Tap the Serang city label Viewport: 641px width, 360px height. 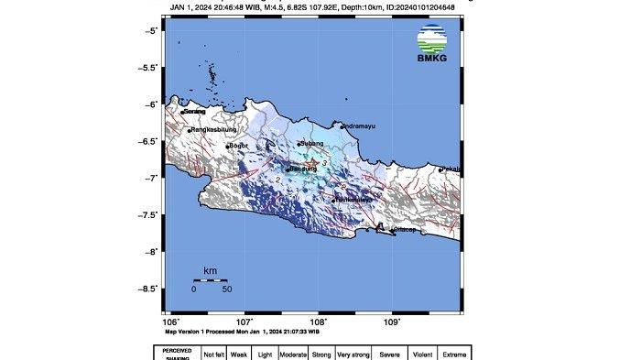pos(195,112)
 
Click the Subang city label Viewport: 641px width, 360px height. pos(312,145)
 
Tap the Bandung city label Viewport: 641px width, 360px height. pos(303,169)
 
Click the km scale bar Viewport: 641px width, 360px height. pos(211,278)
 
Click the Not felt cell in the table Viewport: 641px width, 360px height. pos(213,354)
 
